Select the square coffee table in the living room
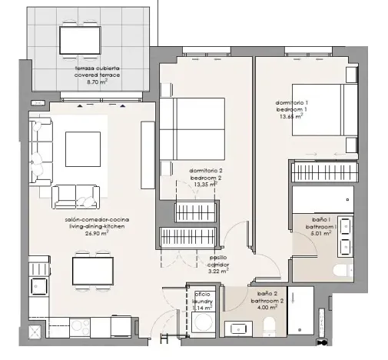pyautogui.click(x=82, y=147)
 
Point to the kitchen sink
pyautogui.click(x=38, y=285)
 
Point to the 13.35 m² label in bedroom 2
pyautogui.click(x=204, y=185)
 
